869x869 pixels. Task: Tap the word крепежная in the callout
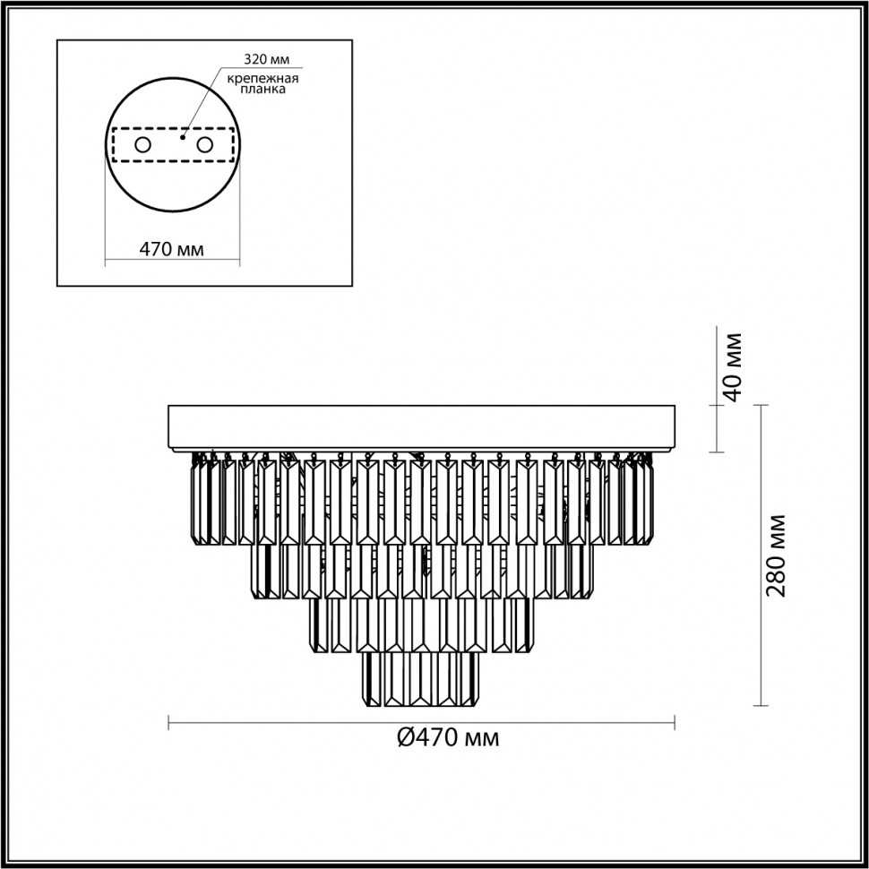point(274,78)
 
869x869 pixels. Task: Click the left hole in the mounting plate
point(142,144)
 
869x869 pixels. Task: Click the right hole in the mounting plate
point(204,144)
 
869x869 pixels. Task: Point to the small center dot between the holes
point(182,137)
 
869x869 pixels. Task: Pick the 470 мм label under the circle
point(172,249)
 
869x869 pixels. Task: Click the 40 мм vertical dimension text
point(733,367)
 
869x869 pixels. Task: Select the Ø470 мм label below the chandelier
point(446,737)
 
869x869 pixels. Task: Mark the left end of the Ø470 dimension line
point(170,722)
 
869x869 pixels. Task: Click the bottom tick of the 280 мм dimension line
point(761,706)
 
